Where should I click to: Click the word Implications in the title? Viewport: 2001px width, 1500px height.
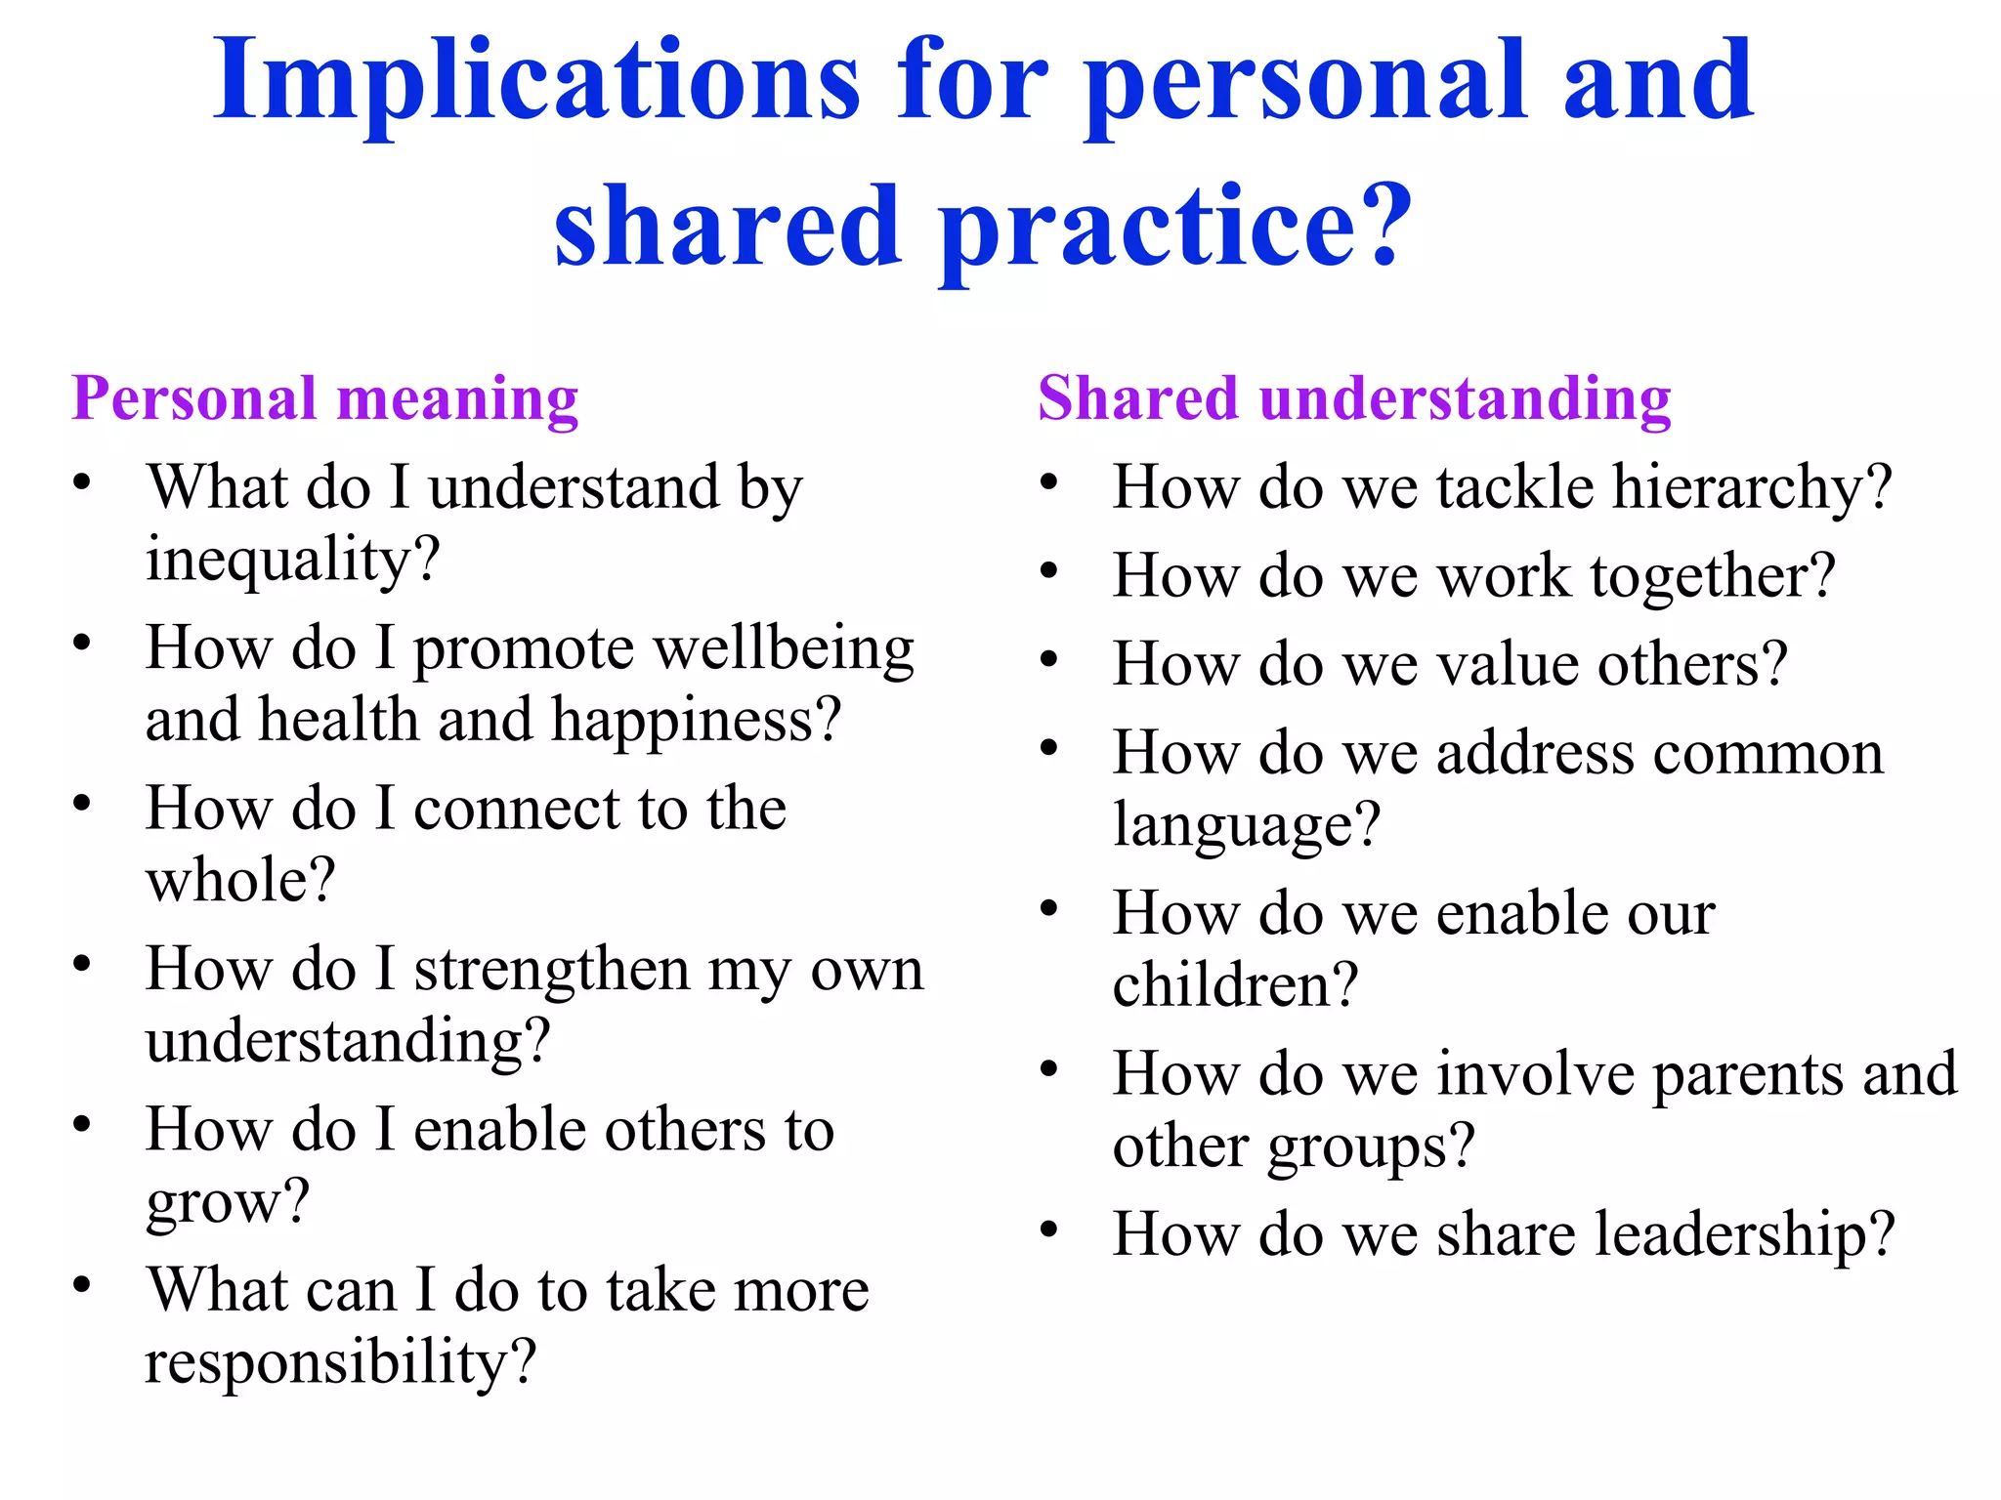536,83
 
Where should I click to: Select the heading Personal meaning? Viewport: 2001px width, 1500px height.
325,399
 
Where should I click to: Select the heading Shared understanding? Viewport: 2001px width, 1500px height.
1354,399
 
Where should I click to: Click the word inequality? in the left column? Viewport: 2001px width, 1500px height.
293,562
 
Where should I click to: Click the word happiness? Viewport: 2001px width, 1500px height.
697,721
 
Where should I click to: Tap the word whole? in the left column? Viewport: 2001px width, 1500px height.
240,881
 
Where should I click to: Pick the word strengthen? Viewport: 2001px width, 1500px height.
552,971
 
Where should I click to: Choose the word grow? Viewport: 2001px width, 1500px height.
228,1202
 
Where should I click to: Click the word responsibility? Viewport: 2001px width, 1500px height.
341,1363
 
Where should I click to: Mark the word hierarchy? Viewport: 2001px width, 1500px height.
1752,488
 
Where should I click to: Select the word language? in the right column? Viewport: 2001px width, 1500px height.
1247,826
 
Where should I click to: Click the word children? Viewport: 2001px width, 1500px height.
1236,985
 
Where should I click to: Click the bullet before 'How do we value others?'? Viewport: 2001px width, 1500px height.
1049,659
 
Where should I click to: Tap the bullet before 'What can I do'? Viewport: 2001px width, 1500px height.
82,1284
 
